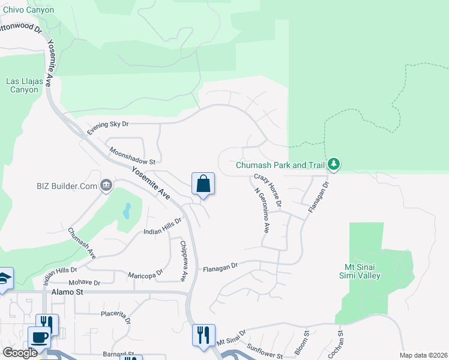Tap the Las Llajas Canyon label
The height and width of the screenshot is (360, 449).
[24, 85]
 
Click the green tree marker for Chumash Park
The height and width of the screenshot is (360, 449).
[334, 164]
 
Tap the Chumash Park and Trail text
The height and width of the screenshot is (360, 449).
[280, 164]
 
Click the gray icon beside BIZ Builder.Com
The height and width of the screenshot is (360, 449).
[106, 185]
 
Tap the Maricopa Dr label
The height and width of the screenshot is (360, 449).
[145, 274]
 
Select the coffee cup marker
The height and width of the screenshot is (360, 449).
[40, 337]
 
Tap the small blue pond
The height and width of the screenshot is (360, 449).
[127, 210]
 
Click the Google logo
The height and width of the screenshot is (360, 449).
[20, 353]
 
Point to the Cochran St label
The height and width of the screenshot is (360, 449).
[339, 341]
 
